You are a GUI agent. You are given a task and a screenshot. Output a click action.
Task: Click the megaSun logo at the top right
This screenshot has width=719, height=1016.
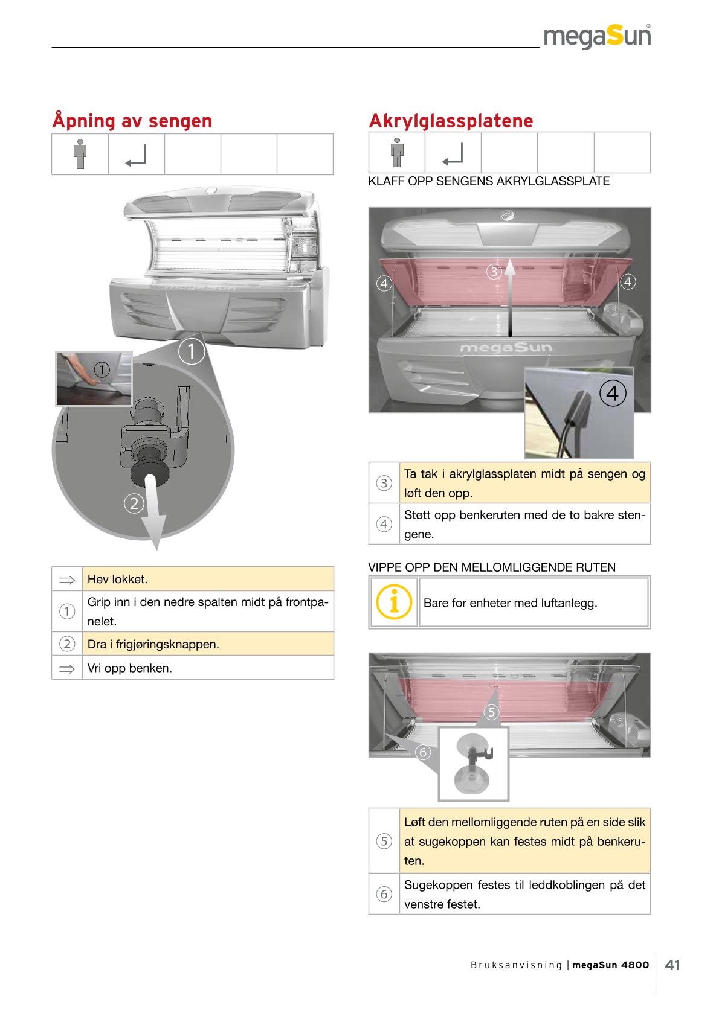click(597, 37)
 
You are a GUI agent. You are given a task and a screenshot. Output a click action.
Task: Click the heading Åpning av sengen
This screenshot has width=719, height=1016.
click(132, 121)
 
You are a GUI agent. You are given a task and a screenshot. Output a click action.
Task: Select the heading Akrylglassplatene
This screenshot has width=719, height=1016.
click(451, 121)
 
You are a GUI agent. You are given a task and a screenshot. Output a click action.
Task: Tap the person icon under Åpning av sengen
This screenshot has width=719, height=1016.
click(80, 154)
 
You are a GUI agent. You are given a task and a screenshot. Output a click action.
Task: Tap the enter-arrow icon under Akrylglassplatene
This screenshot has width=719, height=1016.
click(453, 154)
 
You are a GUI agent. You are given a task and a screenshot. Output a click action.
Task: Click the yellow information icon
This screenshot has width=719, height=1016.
click(393, 602)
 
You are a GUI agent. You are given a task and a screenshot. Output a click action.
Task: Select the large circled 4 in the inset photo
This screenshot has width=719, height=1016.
click(613, 393)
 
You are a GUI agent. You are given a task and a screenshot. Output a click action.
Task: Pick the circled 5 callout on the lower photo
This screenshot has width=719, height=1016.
click(492, 712)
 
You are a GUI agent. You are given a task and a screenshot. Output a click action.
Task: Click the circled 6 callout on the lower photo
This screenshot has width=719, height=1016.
click(423, 752)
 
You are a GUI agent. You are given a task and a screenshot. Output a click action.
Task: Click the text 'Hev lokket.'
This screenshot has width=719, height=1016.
click(118, 580)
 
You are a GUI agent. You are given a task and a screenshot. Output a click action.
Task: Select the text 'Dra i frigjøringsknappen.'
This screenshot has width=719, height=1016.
click(153, 644)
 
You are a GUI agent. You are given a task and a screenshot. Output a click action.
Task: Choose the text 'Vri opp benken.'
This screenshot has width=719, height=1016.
click(129, 668)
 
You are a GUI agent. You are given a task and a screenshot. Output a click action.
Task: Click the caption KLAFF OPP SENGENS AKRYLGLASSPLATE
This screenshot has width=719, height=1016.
click(489, 181)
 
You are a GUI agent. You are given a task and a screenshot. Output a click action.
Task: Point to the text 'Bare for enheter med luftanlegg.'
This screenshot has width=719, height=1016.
click(510, 603)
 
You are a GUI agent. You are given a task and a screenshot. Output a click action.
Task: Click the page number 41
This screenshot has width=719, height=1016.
click(672, 965)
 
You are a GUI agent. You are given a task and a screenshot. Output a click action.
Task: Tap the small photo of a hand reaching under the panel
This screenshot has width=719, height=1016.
click(94, 379)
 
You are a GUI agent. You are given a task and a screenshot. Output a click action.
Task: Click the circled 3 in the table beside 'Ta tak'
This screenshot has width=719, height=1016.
click(384, 483)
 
